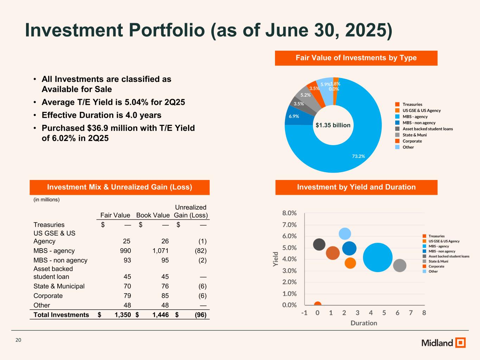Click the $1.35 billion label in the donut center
click(x=333, y=125)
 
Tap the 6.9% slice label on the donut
click(x=294, y=116)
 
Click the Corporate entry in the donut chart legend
click(x=412, y=141)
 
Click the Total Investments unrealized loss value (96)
click(x=201, y=315)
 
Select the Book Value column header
click(x=153, y=215)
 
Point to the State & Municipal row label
click(x=59, y=286)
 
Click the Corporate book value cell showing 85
click(x=165, y=296)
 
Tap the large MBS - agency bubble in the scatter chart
click(x=377, y=257)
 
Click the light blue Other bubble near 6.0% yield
click(x=345, y=233)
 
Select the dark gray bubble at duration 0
click(x=319, y=244)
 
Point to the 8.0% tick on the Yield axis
click(x=289, y=213)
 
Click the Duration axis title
click(x=364, y=323)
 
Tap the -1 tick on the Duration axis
click(x=304, y=313)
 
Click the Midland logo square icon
click(x=460, y=342)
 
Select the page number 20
click(x=18, y=340)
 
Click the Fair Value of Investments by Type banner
click(x=356, y=58)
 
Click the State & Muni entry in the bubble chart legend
click(x=438, y=261)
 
